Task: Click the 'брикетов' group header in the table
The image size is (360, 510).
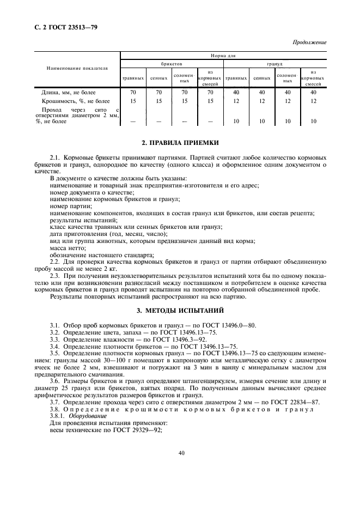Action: click(172, 64)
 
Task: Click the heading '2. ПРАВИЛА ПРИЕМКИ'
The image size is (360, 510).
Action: click(180, 143)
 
